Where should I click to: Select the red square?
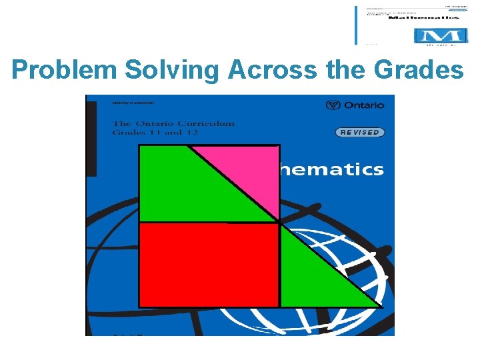pos(208,265)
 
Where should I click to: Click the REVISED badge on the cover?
pos(359,132)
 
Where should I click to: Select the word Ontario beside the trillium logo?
pos(364,105)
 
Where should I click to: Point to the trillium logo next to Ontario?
pos(333,105)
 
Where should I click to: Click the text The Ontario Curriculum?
pos(174,123)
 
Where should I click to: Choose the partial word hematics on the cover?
pos(332,169)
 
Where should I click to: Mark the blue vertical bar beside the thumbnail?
pos(357,25)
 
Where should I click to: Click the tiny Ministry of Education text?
pos(134,103)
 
